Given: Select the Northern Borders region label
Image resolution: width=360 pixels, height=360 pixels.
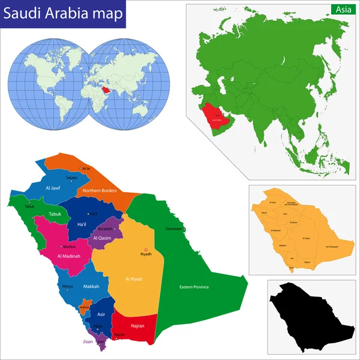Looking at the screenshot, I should point(100,191).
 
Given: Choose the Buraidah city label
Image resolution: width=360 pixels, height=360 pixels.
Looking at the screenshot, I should point(106,229).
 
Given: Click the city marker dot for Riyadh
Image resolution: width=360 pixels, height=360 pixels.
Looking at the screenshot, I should point(145,250).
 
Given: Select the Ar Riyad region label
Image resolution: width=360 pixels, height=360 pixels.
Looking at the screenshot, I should point(133,279).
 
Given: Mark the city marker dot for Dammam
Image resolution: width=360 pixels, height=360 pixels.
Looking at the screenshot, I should point(185,229).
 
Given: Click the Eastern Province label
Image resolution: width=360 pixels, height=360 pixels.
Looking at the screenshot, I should point(194,287).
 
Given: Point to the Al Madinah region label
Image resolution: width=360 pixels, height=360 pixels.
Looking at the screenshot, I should point(70,257).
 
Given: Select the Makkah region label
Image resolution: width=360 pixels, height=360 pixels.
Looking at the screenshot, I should point(91,286).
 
